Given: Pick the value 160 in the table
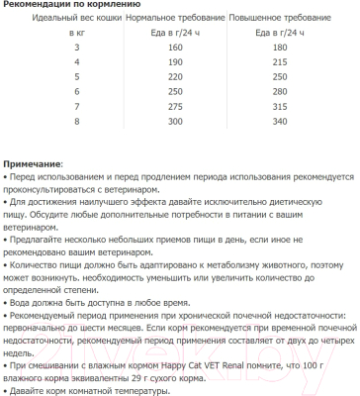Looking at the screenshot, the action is click(x=176, y=48).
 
